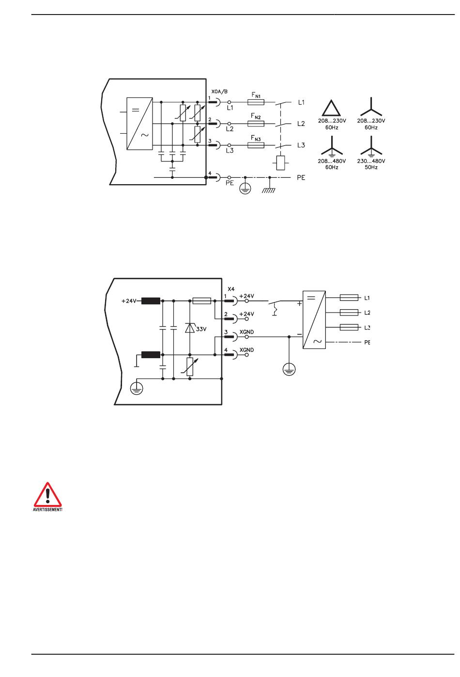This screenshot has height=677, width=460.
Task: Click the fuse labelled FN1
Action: (x=256, y=102)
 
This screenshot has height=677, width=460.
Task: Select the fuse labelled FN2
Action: (x=256, y=124)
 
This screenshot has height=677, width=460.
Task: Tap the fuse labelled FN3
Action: (x=256, y=145)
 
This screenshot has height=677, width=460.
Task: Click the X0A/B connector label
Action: (x=219, y=91)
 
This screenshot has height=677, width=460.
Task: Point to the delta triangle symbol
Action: (x=331, y=108)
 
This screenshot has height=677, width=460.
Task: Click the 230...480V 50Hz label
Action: (x=371, y=164)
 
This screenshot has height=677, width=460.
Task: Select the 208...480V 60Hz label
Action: (x=332, y=164)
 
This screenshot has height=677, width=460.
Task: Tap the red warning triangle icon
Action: (x=47, y=495)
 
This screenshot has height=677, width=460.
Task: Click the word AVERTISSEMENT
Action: (x=47, y=509)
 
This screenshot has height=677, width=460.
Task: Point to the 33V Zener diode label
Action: (x=201, y=329)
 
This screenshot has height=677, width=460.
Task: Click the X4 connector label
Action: (x=231, y=289)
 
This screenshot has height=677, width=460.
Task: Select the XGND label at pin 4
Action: (x=246, y=350)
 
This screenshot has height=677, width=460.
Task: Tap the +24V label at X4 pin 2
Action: (x=246, y=314)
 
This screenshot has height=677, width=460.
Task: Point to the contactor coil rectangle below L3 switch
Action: (x=280, y=163)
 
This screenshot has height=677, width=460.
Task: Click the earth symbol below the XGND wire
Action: (x=289, y=369)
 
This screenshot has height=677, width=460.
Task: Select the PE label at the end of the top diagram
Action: (x=301, y=177)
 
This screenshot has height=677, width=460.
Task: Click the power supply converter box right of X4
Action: (x=314, y=320)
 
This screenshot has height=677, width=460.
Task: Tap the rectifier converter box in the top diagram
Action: (x=139, y=124)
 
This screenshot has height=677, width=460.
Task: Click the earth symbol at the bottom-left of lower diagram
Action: (x=137, y=388)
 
